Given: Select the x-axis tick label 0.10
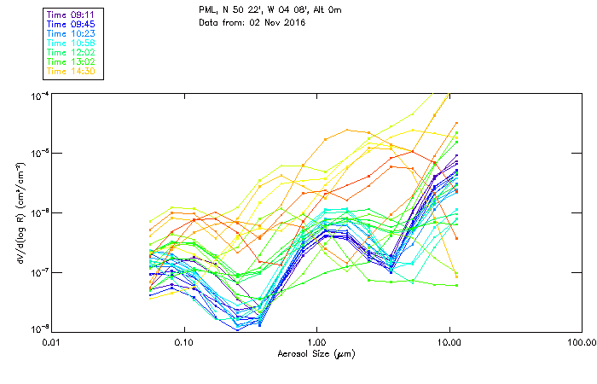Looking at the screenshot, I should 183,343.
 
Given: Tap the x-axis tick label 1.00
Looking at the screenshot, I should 316,343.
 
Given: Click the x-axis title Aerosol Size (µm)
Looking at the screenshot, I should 316,353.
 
